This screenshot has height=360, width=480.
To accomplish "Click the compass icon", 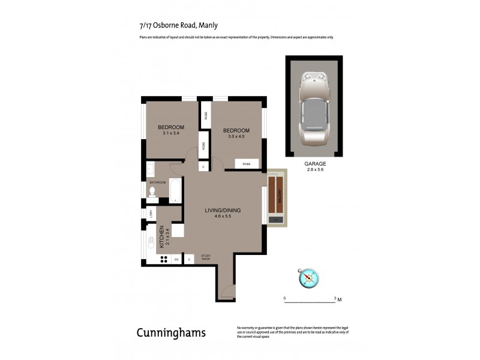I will pyautogui.click(x=309, y=277).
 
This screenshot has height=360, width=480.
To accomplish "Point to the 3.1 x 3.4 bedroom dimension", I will pyautogui.click(x=171, y=133).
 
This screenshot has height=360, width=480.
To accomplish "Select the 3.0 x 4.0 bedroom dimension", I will pyautogui.click(x=236, y=137).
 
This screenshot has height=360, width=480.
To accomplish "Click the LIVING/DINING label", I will pyautogui.click(x=223, y=210).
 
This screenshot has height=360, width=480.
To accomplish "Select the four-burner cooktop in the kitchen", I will pyautogui.click(x=163, y=259).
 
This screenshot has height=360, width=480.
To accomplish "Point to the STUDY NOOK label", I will pyautogui.click(x=206, y=257).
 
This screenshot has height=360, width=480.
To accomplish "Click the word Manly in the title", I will pyautogui.click(x=209, y=25).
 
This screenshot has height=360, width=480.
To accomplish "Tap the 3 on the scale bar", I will pyautogui.click(x=334, y=298).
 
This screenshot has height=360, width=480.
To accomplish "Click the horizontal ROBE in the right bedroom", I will pyautogui.click(x=246, y=164).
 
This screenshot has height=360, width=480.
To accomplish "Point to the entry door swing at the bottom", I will pyautogui.click(x=227, y=293).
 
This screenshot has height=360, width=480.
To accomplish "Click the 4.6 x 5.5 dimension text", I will pyautogui.click(x=223, y=216).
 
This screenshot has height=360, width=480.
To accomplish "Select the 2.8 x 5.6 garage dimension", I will pyautogui.click(x=314, y=170).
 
